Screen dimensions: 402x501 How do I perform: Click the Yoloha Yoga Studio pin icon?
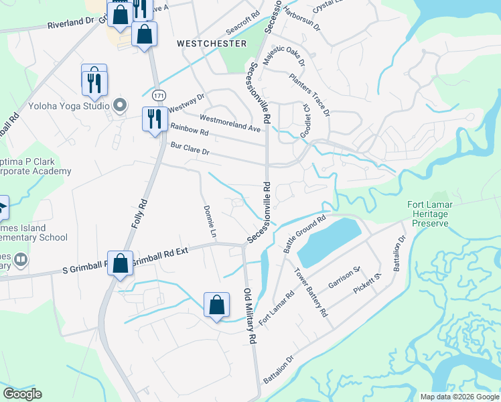tap(120, 105)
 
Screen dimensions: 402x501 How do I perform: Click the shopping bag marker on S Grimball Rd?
tap(120, 264)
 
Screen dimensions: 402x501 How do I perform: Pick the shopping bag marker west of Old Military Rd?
tap(217, 305)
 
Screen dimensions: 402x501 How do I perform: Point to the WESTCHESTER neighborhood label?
tap(212, 43)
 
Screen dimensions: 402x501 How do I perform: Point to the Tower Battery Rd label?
tap(311, 292)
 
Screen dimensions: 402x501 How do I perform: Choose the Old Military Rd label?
tap(250, 317)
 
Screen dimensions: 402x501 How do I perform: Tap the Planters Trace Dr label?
tap(309, 94)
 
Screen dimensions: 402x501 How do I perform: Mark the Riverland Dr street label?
tap(71, 24)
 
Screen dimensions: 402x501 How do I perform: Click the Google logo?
tap(22, 394)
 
